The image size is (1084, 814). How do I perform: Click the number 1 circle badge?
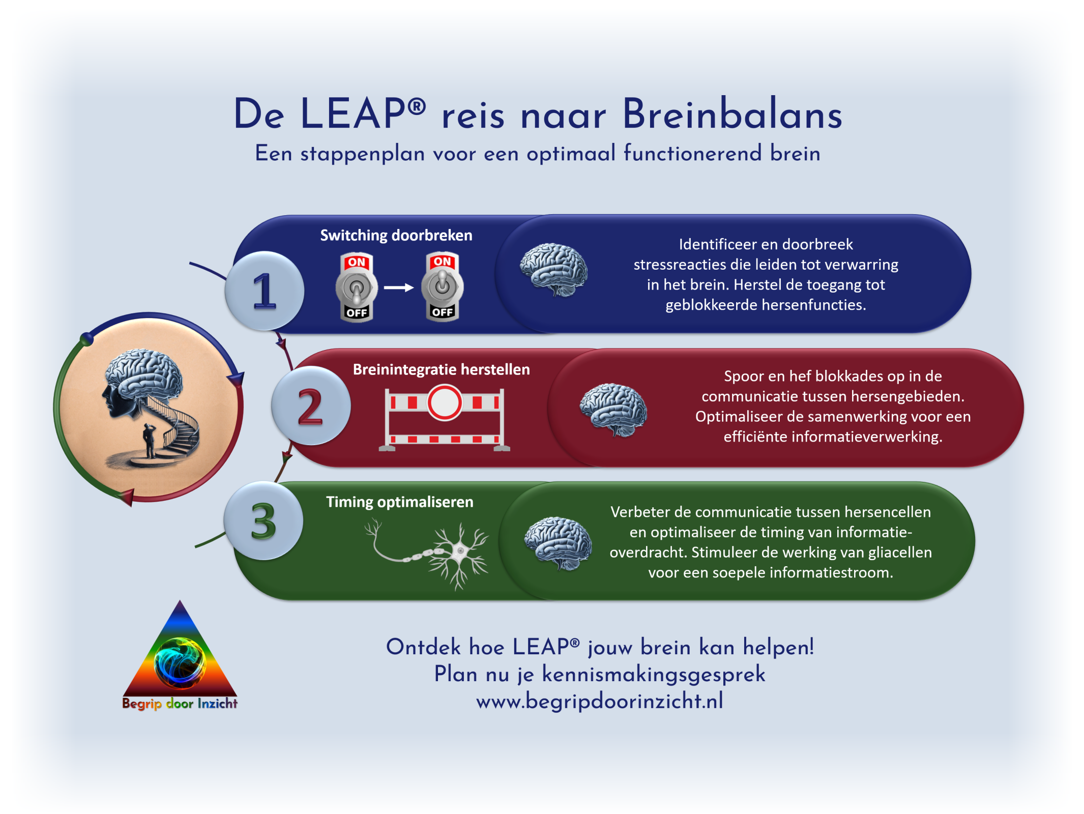tap(265, 290)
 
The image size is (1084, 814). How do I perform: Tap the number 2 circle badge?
tap(311, 405)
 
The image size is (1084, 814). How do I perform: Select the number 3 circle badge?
tap(263, 520)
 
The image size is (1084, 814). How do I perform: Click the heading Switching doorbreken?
tap(396, 236)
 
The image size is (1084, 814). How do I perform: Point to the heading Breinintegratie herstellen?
tap(442, 369)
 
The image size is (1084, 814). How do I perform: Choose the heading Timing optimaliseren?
tap(400, 502)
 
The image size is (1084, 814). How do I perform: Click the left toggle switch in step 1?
tap(357, 287)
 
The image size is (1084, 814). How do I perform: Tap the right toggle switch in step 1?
tap(443, 286)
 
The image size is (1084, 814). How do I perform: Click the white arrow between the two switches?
tap(399, 287)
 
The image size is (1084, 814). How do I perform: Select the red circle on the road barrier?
tap(445, 403)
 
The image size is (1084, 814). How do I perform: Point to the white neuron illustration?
tap(427, 554)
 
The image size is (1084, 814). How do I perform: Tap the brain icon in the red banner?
tap(613, 410)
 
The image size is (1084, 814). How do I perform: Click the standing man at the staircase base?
tap(149, 441)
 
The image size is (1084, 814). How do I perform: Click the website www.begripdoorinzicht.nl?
tap(600, 701)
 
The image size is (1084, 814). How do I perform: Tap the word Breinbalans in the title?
tap(733, 114)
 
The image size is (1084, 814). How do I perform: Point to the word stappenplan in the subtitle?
tap(363, 154)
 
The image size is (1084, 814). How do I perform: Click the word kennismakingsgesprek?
tap(654, 675)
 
